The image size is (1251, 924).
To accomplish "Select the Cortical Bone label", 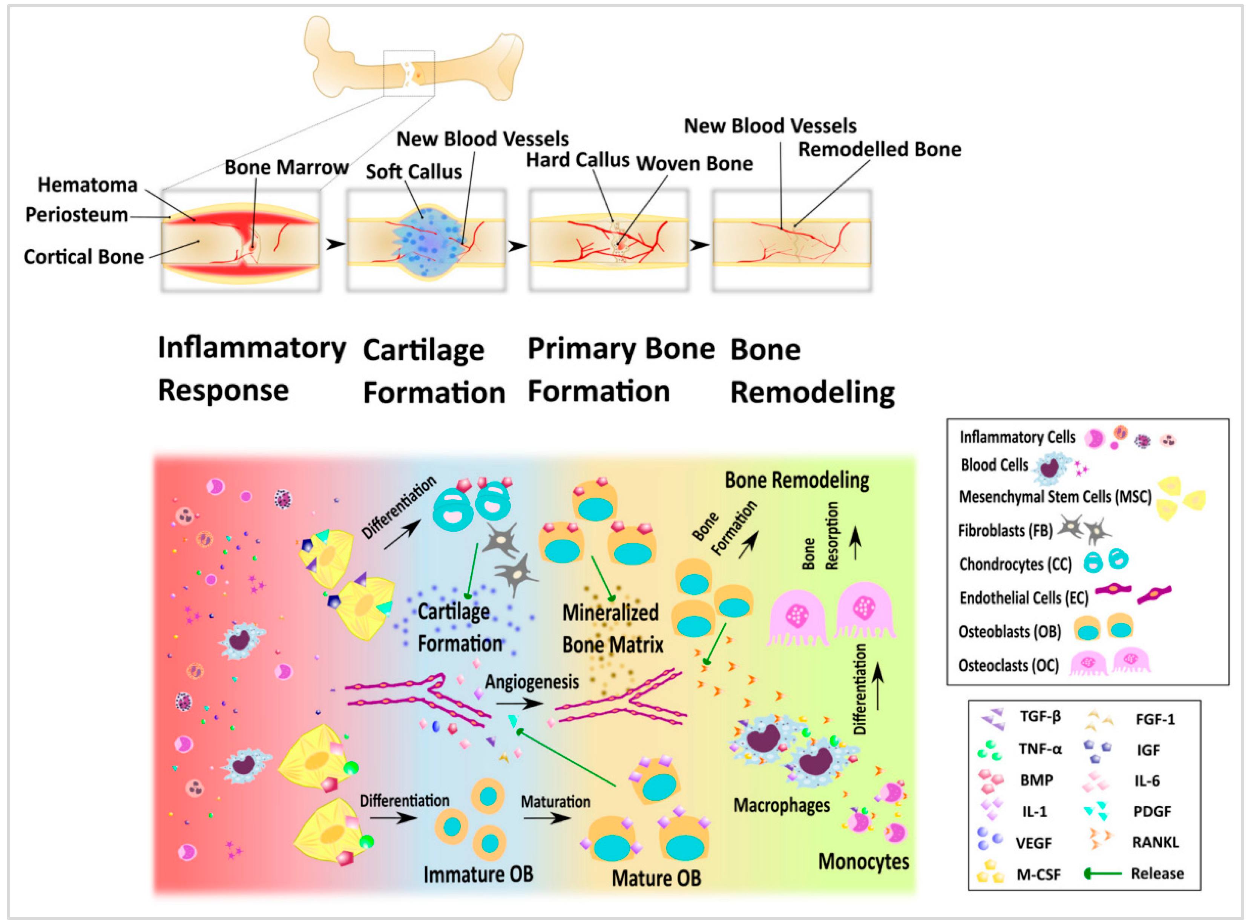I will tap(84, 257).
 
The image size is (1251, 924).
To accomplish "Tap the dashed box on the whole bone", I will tap(409, 73).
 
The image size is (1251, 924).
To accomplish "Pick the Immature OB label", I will tap(478, 874).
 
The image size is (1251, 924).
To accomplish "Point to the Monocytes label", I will tap(863, 861).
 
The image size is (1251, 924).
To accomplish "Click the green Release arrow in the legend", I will tap(1103, 873).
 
